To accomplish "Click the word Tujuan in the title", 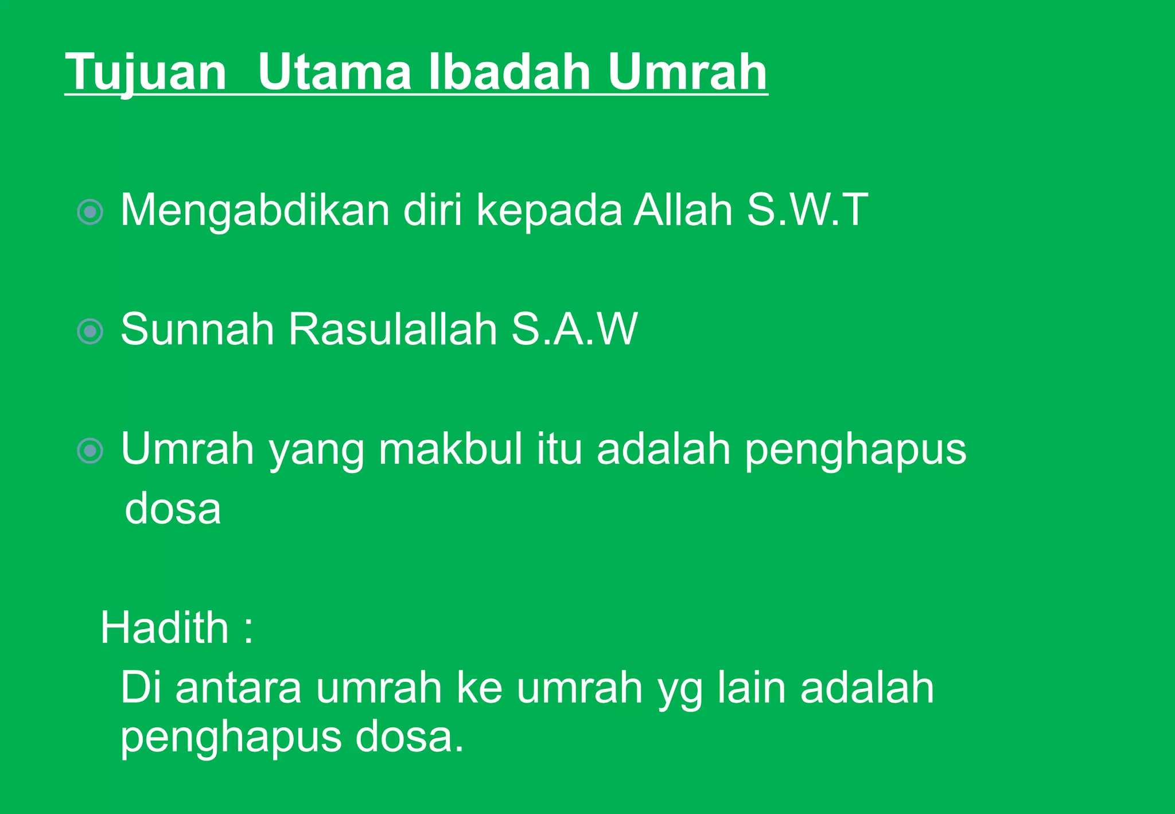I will (146, 72).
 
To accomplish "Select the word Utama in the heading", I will (334, 72).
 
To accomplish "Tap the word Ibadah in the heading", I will (509, 72).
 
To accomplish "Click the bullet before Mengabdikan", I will (90, 212).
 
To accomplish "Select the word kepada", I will (549, 211).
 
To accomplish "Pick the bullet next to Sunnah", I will (90, 331).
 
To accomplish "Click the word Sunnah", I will (197, 329).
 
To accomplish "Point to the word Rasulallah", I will (392, 329).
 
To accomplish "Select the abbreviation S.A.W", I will (574, 329).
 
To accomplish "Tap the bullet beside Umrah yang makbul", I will (90, 451).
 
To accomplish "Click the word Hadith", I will (165, 627).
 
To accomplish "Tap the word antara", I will (238, 688).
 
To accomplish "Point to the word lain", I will (752, 688).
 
